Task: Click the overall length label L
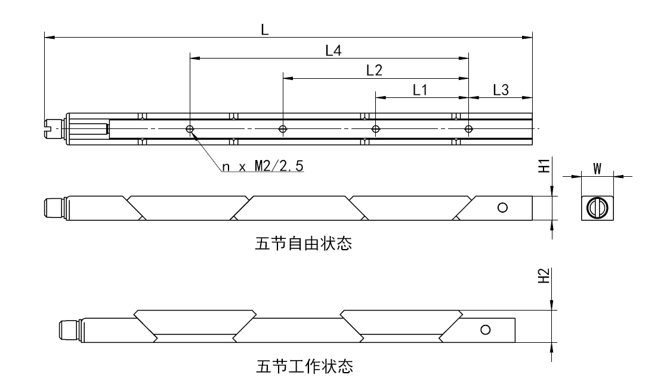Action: point(264,31)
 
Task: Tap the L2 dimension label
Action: point(374,70)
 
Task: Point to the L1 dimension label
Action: point(421,90)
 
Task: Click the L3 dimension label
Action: point(501,90)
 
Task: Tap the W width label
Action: point(597,168)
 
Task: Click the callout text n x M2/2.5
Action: point(263,167)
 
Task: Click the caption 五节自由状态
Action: point(302,244)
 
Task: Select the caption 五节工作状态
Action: point(302,364)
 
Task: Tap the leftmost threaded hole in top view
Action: point(190,128)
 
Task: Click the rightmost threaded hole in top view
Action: point(468,128)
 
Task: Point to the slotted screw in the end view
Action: point(596,207)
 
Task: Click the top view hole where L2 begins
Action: point(283,128)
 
